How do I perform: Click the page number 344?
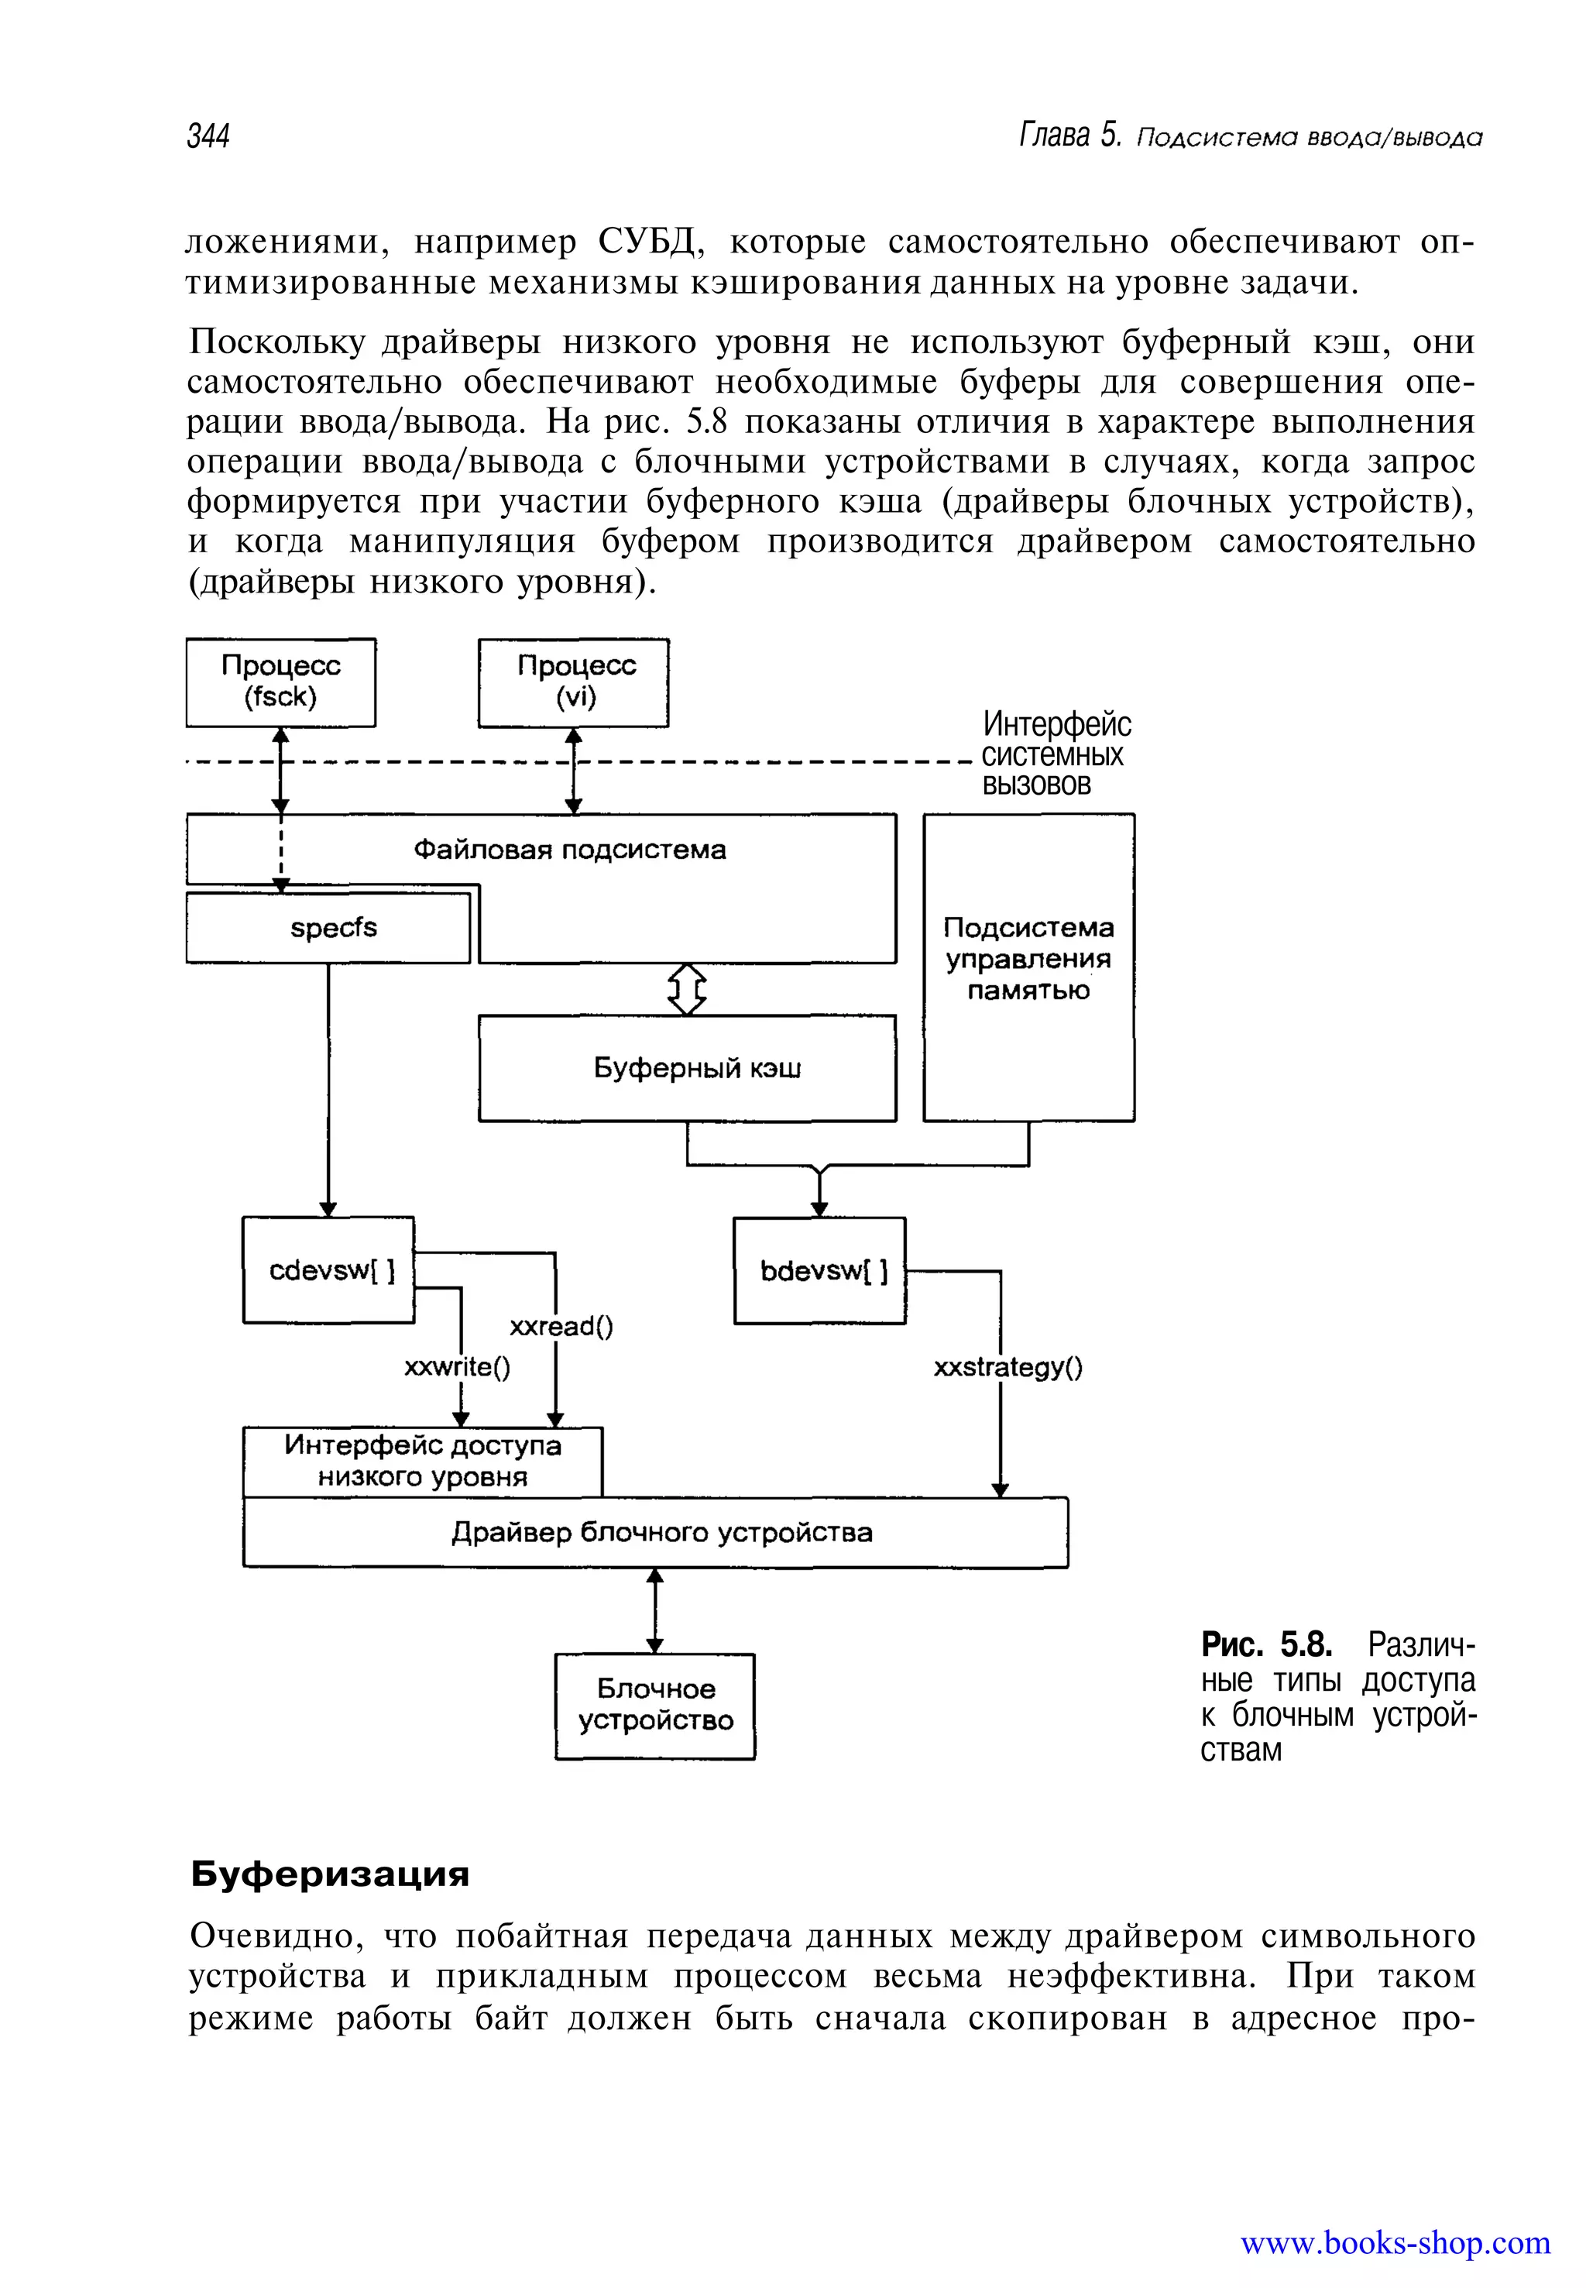click(x=208, y=136)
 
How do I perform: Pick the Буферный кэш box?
click(x=687, y=1067)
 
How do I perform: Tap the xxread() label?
click(x=561, y=1326)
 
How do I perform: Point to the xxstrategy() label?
click(x=1008, y=1368)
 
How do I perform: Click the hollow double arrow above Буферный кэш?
click(x=687, y=989)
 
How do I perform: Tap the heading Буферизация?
click(x=330, y=1874)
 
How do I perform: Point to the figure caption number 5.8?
click(x=1305, y=1645)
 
